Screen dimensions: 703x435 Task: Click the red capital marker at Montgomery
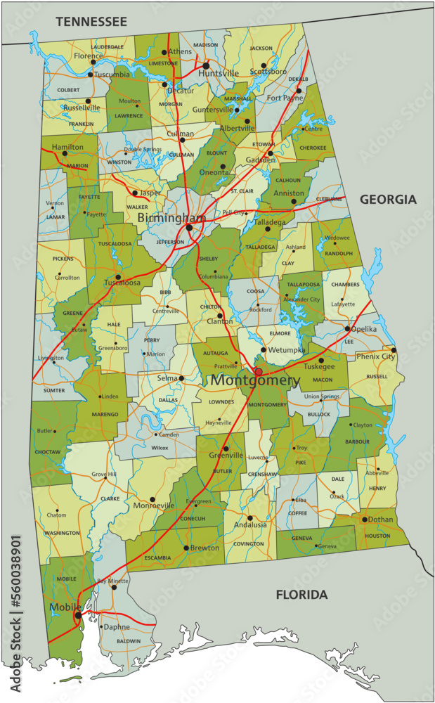258,371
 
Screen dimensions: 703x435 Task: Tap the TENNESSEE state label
91,22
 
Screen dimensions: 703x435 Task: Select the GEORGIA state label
388,200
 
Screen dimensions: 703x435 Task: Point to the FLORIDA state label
301,595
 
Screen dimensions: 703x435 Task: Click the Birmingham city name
171,218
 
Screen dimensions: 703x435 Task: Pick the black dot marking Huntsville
206,65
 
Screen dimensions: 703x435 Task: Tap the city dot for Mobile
77,615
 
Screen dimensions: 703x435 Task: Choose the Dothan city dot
364,520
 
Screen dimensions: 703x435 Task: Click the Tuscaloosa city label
122,283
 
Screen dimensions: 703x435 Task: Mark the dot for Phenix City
394,349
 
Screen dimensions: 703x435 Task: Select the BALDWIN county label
129,641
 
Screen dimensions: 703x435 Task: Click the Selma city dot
181,378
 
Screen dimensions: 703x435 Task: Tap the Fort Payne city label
284,98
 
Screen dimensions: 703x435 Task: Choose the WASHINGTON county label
62,534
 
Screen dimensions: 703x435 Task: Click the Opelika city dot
347,328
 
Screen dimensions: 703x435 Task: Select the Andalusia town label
250,524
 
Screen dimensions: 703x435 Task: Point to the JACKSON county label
261,49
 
